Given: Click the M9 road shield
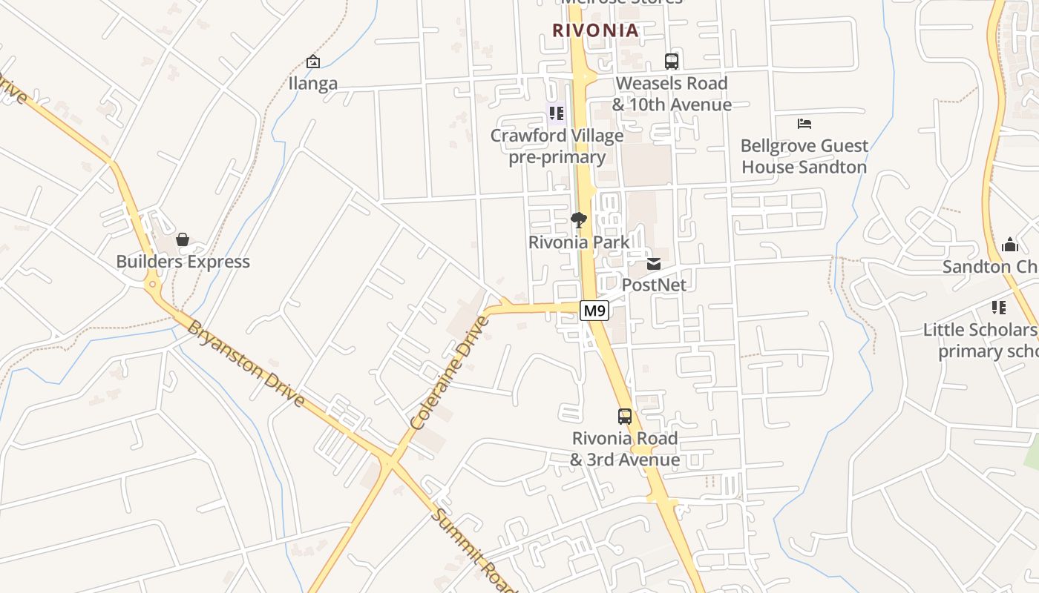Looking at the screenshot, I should point(594,311).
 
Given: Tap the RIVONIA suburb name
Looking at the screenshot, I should point(595,30).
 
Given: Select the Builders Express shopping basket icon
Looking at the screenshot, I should point(183,239).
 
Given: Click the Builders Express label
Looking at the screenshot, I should point(183,262).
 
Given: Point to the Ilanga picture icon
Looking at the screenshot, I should point(313,62).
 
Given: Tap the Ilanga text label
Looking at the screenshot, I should point(313,83).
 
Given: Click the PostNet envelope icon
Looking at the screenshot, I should point(654,263).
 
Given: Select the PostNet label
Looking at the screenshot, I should point(654,285).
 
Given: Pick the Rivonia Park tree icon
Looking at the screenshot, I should point(579,220).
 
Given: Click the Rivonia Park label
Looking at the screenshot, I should point(579,242).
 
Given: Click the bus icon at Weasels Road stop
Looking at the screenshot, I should point(672,62).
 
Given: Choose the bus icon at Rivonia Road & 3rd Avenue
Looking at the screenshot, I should point(625,417).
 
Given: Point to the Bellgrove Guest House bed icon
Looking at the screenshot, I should point(804,123).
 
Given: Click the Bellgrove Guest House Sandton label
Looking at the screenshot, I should point(804,156).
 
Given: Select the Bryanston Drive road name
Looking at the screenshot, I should point(246,363).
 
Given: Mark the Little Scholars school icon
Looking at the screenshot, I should point(999,307).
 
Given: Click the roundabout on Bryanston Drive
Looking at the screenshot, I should point(152,283).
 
